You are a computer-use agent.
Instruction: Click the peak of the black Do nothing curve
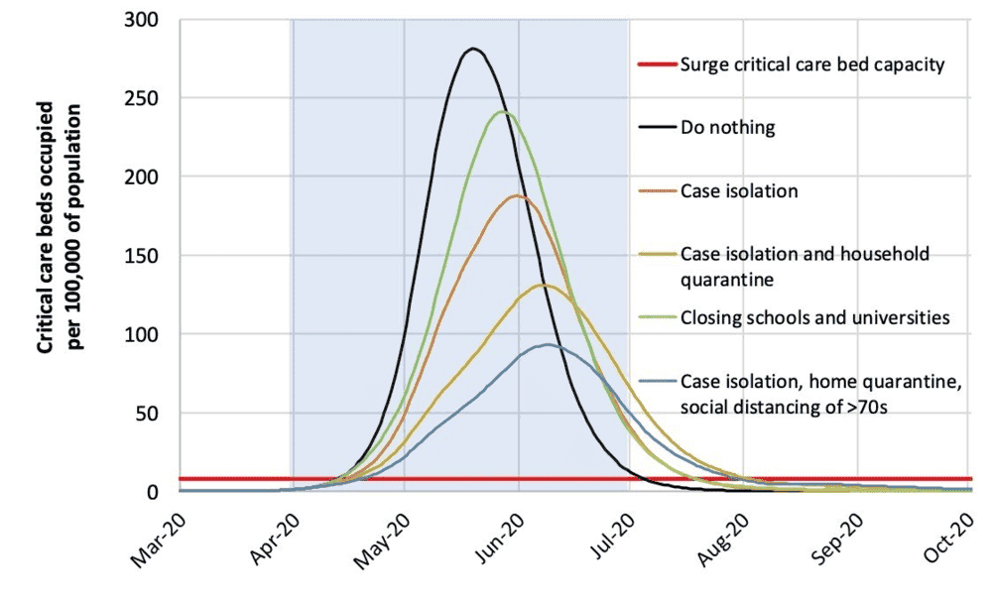coord(473,49)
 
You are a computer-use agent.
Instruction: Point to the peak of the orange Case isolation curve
coord(516,195)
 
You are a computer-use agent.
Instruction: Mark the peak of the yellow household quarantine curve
coord(543,285)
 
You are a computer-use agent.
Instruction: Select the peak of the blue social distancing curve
coord(547,344)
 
